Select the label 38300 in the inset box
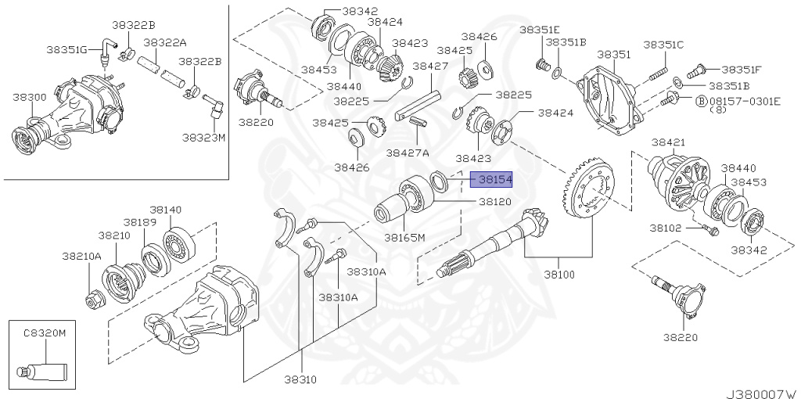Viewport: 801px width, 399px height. click(29, 97)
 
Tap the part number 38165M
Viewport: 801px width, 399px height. click(404, 235)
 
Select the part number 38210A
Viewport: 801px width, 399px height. click(81, 256)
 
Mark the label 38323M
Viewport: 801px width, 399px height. click(203, 137)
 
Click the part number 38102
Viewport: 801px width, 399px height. click(665, 228)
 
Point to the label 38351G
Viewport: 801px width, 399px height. click(66, 49)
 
